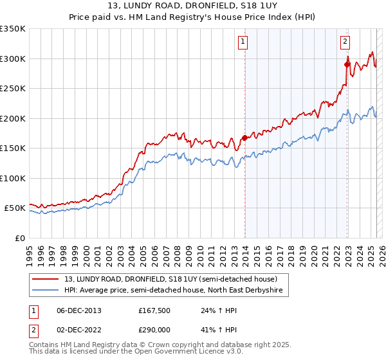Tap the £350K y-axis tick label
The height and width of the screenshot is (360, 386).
(13, 29)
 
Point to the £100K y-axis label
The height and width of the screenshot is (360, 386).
(13, 178)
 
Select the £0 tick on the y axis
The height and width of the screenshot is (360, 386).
(19, 238)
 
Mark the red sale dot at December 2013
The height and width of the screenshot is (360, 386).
(244, 138)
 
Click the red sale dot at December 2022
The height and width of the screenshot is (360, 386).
(347, 64)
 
